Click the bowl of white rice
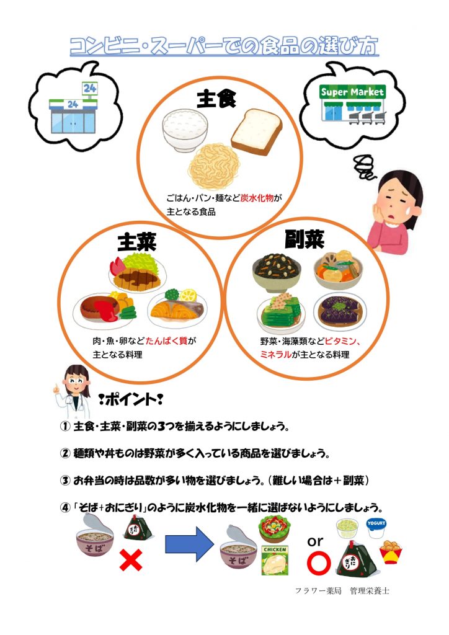(x=185, y=130)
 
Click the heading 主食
(x=216, y=99)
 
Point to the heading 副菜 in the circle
(x=305, y=239)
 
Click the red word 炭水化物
(x=257, y=198)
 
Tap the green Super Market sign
(x=352, y=92)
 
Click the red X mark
(x=131, y=561)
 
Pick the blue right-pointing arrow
(x=189, y=544)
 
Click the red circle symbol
(x=319, y=564)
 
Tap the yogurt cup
(x=376, y=528)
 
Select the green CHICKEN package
(x=275, y=561)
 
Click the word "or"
(x=316, y=541)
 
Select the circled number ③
(x=65, y=481)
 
